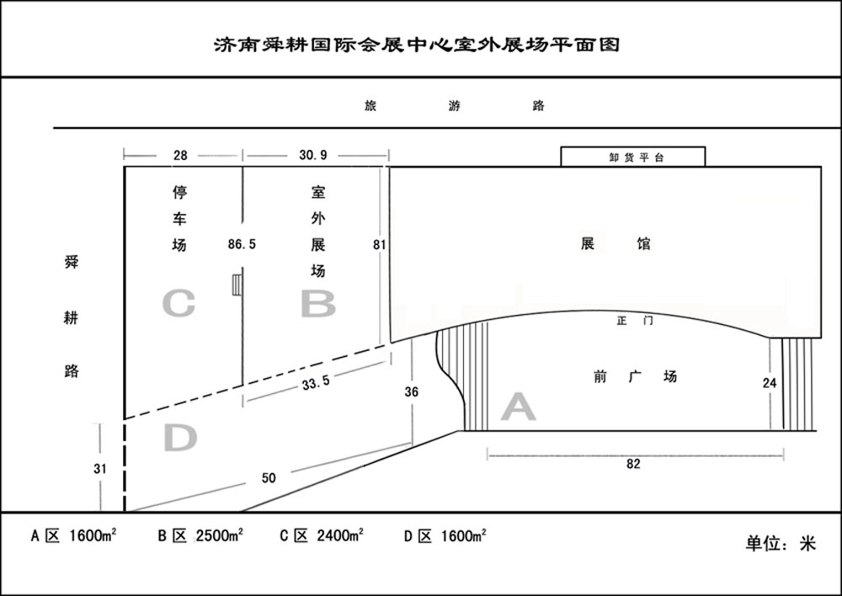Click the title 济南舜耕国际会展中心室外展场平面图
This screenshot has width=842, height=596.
(417, 44)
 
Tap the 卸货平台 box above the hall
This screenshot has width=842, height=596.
(633, 157)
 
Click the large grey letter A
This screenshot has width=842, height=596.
(518, 407)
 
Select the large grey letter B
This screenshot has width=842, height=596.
(318, 303)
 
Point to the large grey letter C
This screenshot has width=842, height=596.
(179, 303)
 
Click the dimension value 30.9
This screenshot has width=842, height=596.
(313, 155)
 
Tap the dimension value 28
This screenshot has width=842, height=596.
(180, 155)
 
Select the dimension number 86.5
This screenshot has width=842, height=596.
(242, 244)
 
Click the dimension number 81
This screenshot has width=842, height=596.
(380, 244)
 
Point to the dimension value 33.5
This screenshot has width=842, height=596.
(316, 382)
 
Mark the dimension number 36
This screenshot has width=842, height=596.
(412, 392)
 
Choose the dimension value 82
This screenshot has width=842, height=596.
(634, 463)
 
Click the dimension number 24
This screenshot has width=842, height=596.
(770, 383)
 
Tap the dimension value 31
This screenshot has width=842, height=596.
(100, 469)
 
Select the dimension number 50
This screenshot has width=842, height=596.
(269, 478)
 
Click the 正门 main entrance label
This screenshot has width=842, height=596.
(635, 321)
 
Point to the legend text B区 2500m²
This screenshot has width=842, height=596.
(200, 535)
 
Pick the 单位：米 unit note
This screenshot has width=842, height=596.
(781, 543)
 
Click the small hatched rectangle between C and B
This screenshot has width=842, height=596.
(237, 285)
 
